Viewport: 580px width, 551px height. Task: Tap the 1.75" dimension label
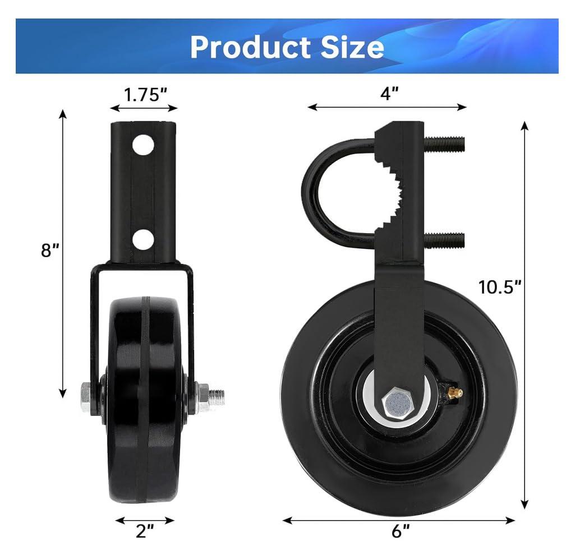tap(145, 94)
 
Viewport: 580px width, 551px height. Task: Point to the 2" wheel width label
tap(145, 530)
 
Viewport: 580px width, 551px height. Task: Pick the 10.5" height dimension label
tap(500, 287)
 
